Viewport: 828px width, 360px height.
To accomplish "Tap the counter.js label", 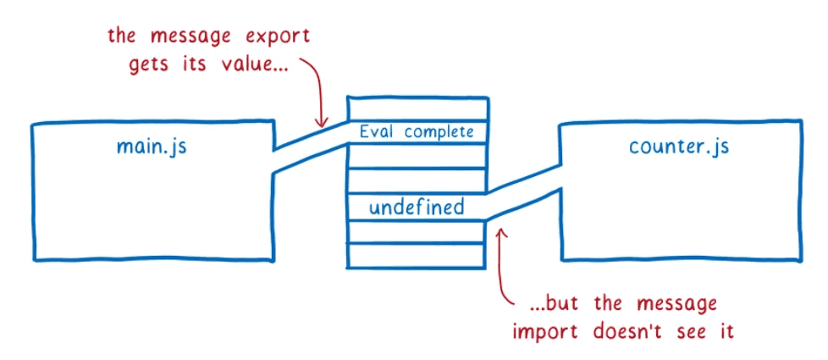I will pos(679,147).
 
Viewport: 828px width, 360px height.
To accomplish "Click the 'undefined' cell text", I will pos(416,207).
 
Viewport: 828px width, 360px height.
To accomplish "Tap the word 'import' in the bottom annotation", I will pos(543,330).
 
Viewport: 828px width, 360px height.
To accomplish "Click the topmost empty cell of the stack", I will pos(417,109).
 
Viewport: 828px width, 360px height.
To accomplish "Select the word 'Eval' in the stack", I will pos(378,132).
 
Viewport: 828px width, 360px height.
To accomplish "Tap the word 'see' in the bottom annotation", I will pos(690,330).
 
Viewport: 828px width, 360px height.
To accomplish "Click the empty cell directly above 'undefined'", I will pos(417,180).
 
